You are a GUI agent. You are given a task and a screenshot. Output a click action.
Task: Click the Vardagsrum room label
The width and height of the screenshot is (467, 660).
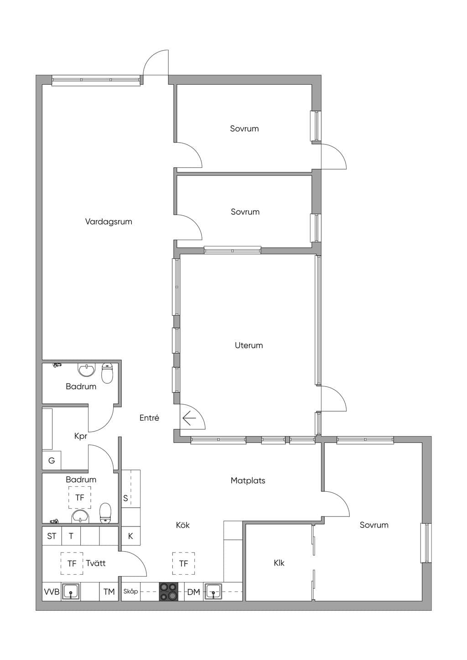[x=109, y=222]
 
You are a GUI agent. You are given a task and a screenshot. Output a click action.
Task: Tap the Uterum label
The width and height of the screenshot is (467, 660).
[x=249, y=345]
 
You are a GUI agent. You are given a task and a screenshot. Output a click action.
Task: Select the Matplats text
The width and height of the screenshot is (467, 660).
[x=248, y=480]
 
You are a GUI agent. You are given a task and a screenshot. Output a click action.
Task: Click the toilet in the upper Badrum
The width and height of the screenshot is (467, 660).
[x=107, y=373]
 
